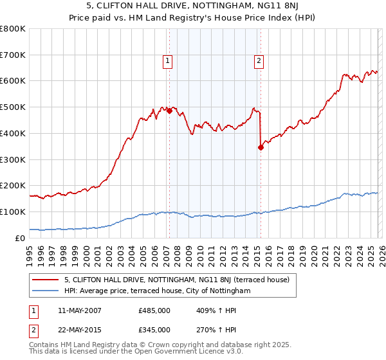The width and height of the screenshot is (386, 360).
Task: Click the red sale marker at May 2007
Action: click(x=169, y=111)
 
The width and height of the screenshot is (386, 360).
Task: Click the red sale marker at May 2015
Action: click(x=261, y=147)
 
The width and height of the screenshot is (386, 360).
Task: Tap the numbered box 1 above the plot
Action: click(x=167, y=61)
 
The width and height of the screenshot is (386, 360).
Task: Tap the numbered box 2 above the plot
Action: click(x=259, y=61)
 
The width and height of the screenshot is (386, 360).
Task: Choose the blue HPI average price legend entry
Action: click(x=160, y=291)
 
